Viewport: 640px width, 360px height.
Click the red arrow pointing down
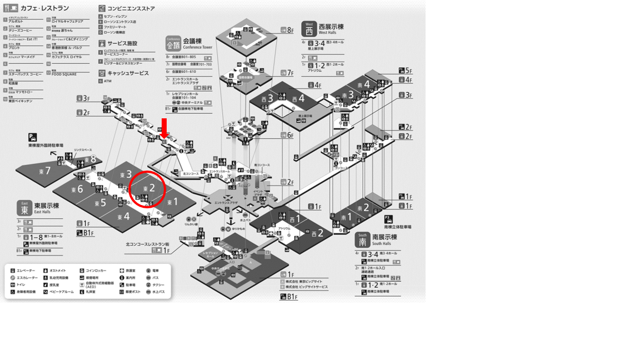tap(164, 127)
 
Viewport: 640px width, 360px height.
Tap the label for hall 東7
tap(44, 171)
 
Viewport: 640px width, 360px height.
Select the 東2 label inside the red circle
tap(148, 189)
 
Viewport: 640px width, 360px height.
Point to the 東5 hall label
tap(101, 203)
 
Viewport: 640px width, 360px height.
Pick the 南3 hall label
tap(348, 95)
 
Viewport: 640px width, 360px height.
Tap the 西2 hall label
tap(317, 233)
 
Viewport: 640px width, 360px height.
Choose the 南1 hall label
tap(346, 217)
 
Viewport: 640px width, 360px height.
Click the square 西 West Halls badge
tap(309, 29)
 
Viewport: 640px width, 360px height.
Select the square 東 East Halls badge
tap(24, 208)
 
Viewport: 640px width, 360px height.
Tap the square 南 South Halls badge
tap(362, 239)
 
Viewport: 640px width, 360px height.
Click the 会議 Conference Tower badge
tap(173, 43)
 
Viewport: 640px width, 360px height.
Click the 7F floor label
tap(287, 73)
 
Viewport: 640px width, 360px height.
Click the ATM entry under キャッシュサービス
tap(107, 81)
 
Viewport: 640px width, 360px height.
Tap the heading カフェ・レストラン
tap(44, 8)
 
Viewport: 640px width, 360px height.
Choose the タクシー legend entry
tap(158, 285)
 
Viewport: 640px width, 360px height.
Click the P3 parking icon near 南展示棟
tap(388, 219)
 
